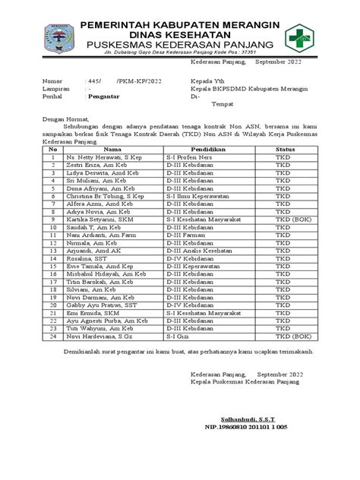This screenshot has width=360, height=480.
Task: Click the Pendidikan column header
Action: click(x=202, y=150)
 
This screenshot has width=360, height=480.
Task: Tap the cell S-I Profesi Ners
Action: click(x=192, y=159)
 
